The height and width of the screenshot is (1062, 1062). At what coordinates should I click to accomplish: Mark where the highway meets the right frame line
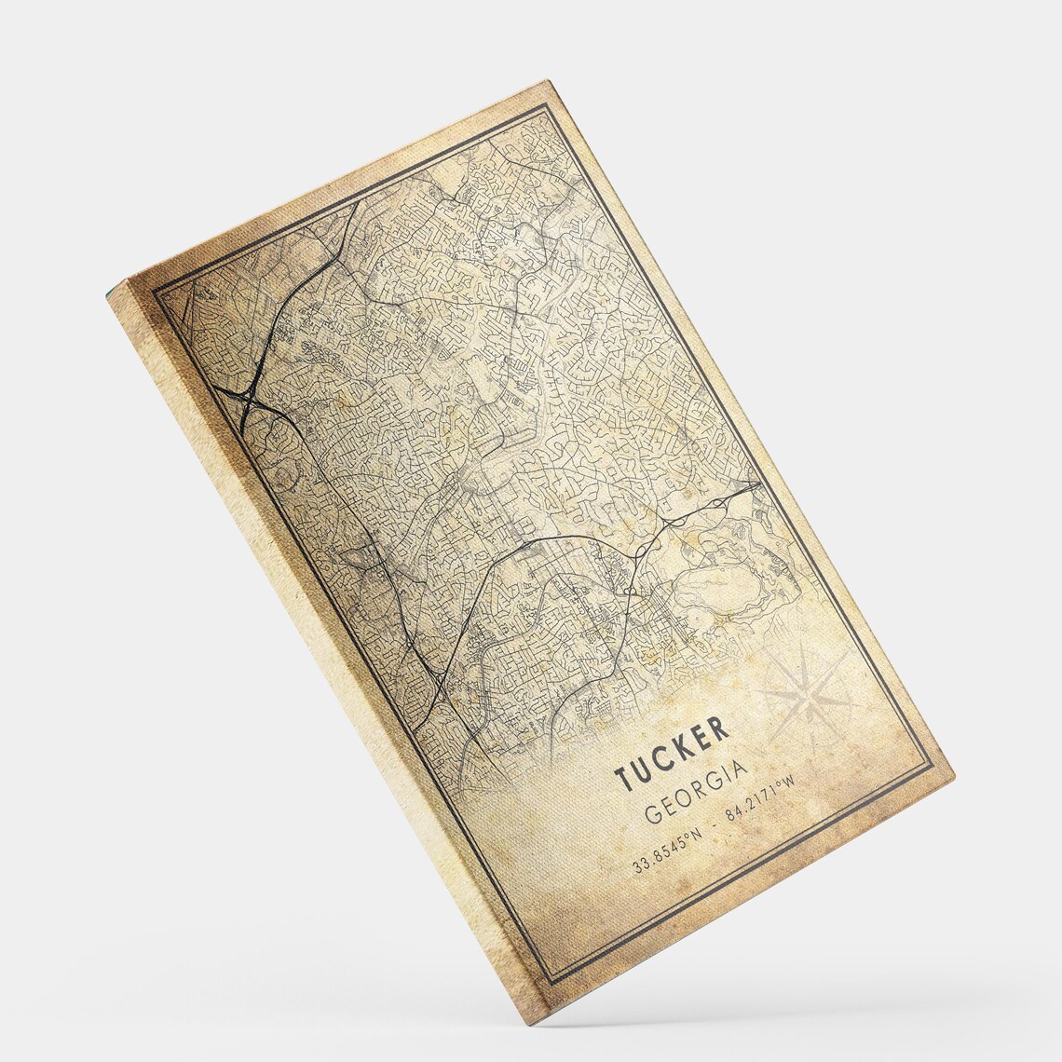tap(761, 484)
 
